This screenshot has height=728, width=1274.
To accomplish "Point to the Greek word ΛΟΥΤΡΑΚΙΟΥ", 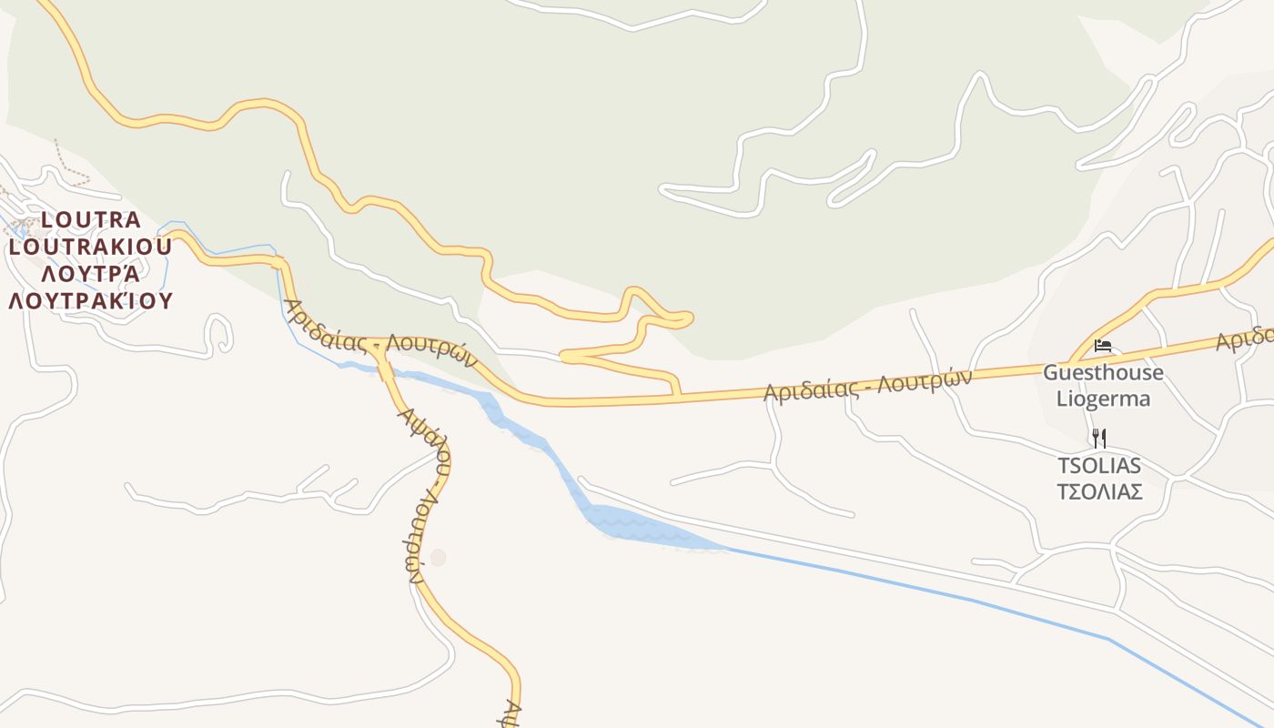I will [90, 300].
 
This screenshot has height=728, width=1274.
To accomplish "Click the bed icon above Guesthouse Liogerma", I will [1103, 346].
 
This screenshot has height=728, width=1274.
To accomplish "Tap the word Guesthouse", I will [1103, 372].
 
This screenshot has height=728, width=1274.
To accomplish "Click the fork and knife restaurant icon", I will [1098, 439].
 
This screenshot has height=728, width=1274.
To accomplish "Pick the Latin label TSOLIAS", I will [1098, 466].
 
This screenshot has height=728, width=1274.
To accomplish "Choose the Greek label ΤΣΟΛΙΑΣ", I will [1098, 492].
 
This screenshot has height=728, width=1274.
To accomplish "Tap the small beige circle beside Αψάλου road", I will [439, 557].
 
